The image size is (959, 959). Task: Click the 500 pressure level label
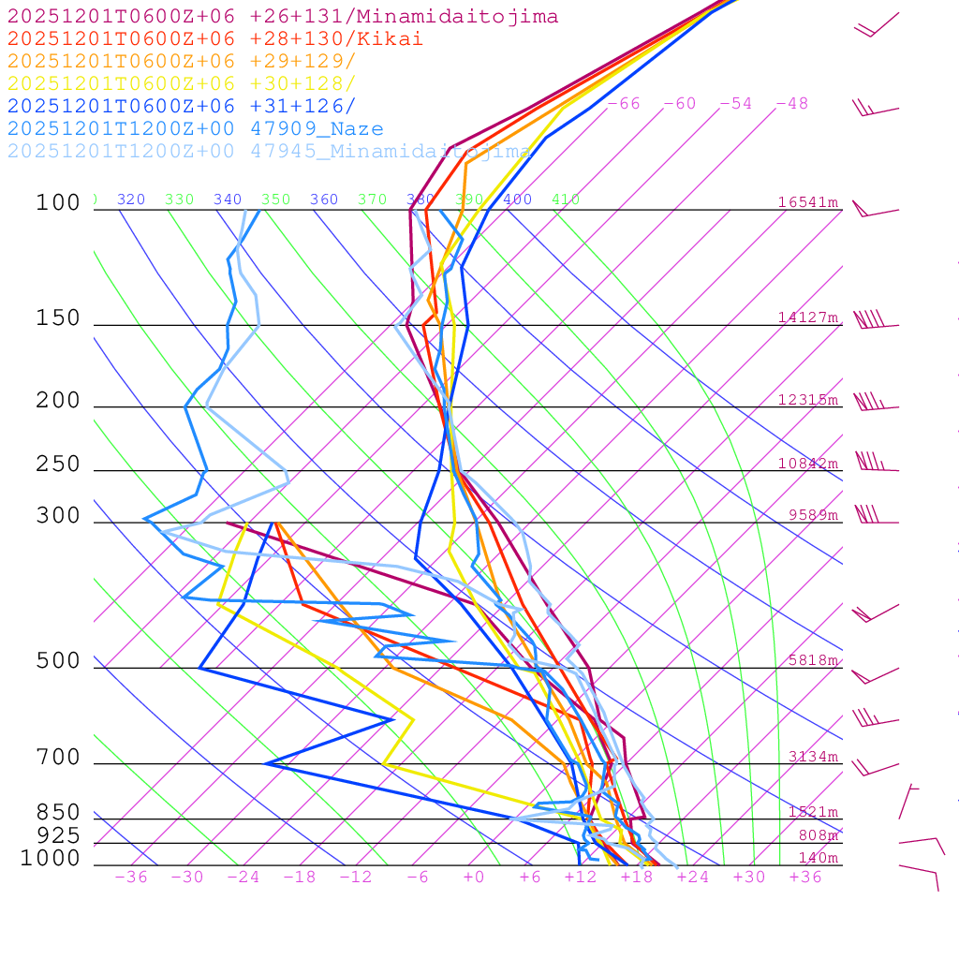(x=58, y=661)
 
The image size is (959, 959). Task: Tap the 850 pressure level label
(x=58, y=812)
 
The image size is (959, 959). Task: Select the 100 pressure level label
(x=58, y=202)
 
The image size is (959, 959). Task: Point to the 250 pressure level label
(x=58, y=465)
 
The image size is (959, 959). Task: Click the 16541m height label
(x=808, y=202)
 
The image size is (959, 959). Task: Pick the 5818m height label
(x=813, y=660)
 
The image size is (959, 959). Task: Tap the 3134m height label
(x=813, y=757)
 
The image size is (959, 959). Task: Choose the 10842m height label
(x=808, y=464)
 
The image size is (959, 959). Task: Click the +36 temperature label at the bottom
(x=805, y=877)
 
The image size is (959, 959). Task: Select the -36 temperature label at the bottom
(x=131, y=877)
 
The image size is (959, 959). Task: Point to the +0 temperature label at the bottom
(x=474, y=877)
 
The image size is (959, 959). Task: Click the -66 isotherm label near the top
(x=624, y=104)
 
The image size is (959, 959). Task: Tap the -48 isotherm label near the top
(x=792, y=104)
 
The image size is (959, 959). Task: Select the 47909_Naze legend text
(x=317, y=129)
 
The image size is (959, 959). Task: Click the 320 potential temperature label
(x=131, y=199)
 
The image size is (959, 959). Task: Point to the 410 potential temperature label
(x=566, y=199)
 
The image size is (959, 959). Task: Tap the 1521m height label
(x=813, y=812)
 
